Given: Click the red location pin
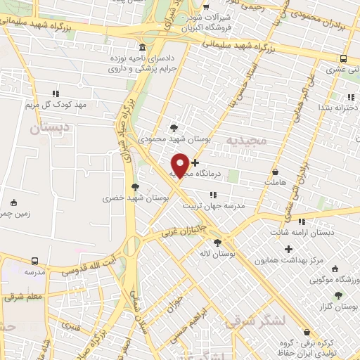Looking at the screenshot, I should pyautogui.click(x=180, y=164).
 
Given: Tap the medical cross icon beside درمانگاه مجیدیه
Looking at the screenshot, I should pyautogui.click(x=195, y=163).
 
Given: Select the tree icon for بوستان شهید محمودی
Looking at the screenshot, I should pyautogui.click(x=174, y=127).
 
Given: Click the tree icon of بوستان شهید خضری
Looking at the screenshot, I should pyautogui.click(x=135, y=187).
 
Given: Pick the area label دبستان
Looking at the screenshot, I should pyautogui.click(x=49, y=129).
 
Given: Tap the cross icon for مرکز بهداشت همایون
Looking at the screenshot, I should pyautogui.click(x=288, y=249).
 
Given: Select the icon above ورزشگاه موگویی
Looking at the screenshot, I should pyautogui.click(x=334, y=269).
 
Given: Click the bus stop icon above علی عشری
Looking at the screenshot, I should pyautogui.click(x=343, y=58).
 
